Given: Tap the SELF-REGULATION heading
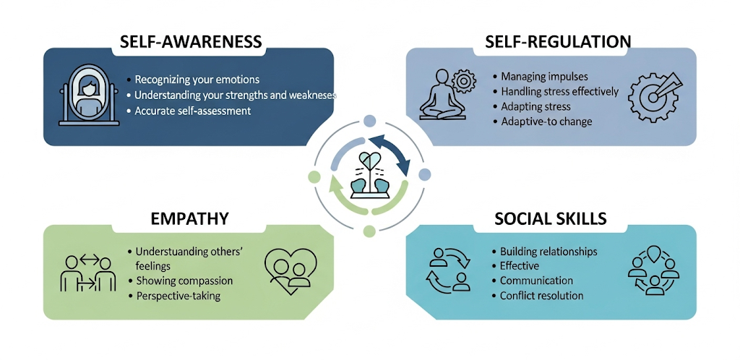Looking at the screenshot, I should tap(551, 41).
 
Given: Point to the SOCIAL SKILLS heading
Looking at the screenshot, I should tap(551, 218).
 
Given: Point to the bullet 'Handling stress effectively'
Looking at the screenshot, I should tap(560, 91).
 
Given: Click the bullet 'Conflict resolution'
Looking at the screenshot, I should tap(541, 296).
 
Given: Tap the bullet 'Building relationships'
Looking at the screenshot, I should tap(548, 252).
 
